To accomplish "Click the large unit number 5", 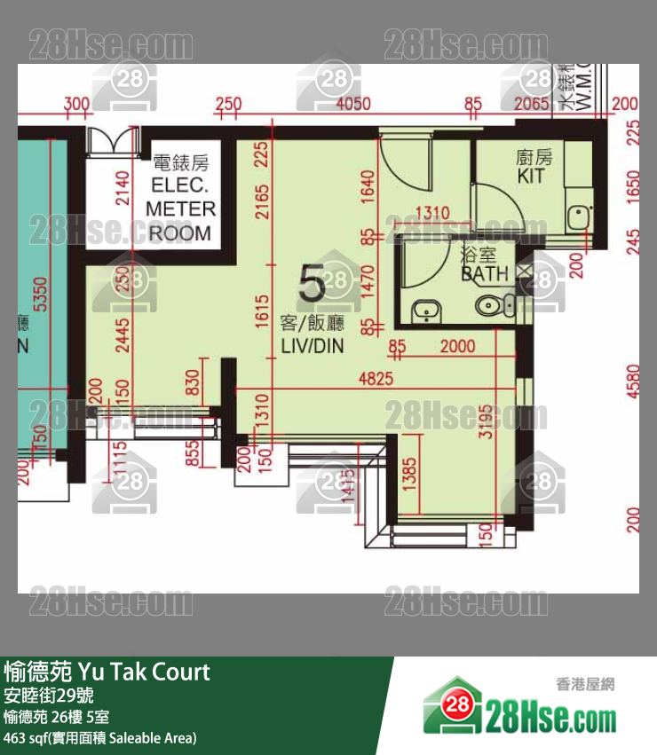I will pyautogui.click(x=312, y=286).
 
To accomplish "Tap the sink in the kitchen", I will pyautogui.click(x=581, y=216).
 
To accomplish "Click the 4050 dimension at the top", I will pyautogui.click(x=353, y=105).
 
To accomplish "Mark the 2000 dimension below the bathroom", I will pyautogui.click(x=457, y=347).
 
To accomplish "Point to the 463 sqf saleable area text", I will pyautogui.click(x=99, y=737).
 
